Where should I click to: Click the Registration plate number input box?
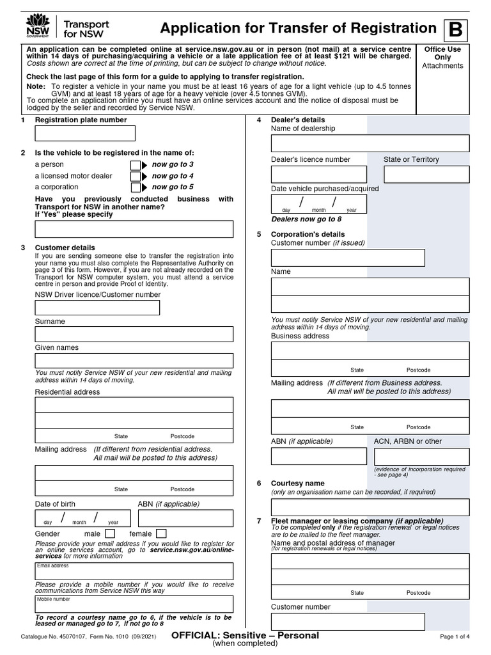coord(85,133)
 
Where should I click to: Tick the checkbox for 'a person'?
coord(135,165)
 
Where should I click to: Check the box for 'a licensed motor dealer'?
coord(135,177)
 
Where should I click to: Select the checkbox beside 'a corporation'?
coord(135,188)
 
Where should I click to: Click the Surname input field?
coord(134,334)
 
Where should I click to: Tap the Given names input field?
coord(134,361)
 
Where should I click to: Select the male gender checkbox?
coord(110,533)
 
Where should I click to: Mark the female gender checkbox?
coord(161,533)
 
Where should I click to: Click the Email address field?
coord(134,571)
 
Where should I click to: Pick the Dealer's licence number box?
coord(319,174)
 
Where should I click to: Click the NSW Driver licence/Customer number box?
coord(97,308)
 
